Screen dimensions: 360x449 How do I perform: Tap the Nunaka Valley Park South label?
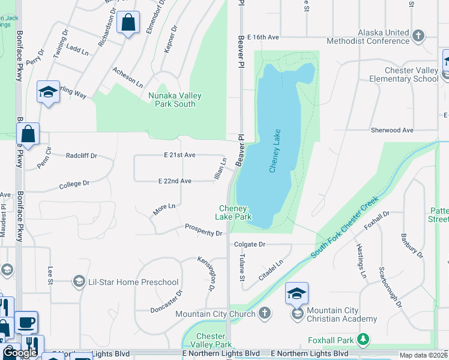coord(175,100)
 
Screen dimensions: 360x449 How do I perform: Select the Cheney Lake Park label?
coord(234,212)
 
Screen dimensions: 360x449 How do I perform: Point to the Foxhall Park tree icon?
coord(363,340)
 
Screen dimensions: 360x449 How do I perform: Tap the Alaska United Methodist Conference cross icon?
coord(419,36)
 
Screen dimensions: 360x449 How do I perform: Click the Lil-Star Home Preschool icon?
coord(79,281)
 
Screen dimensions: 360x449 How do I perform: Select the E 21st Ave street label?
coord(180,155)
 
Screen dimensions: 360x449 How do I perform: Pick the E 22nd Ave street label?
coord(175,181)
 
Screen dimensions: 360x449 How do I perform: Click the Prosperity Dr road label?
coord(203,230)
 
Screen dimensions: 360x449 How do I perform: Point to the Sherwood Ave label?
coord(393,130)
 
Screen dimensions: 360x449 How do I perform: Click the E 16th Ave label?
coord(264,37)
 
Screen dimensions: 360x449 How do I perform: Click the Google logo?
coord(20,353)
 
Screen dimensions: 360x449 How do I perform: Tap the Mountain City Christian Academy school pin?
coord(297,293)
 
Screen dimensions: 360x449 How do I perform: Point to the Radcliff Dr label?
coord(82,155)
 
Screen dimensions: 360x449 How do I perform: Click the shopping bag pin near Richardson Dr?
coord(128,23)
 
